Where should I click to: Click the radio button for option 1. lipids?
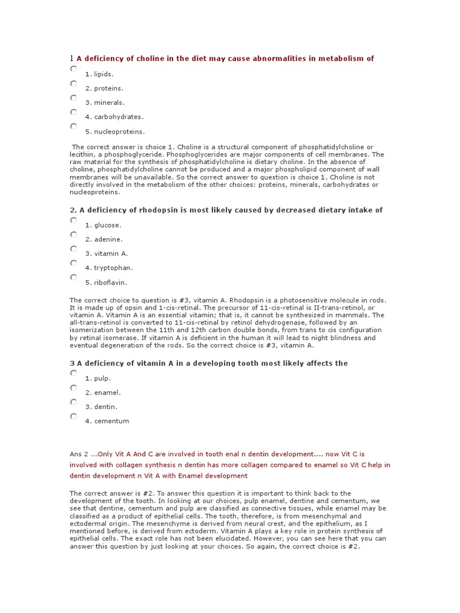[73, 69]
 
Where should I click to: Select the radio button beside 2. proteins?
[73, 84]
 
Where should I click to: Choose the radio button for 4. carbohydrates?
[73, 113]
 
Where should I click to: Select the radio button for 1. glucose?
[73, 220]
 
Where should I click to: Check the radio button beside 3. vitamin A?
[73, 249]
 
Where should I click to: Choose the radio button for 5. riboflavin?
[73, 278]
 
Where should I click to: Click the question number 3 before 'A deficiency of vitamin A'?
[72, 363]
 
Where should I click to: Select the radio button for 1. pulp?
[73, 374]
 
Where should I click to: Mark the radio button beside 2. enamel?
[73, 388]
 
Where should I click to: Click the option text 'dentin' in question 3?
[105, 407]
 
